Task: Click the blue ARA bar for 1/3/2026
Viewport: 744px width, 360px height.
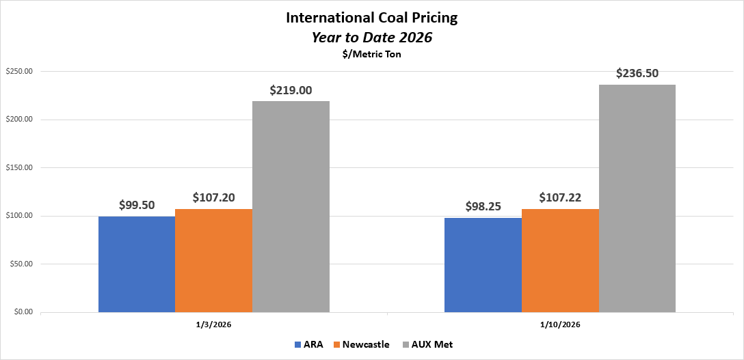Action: tap(137, 264)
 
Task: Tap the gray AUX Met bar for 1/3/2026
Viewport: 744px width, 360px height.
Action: tap(291, 207)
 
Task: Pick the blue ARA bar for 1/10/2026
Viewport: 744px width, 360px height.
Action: tap(483, 265)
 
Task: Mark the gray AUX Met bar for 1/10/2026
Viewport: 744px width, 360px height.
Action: tap(637, 199)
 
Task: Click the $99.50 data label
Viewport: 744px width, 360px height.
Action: tap(137, 204)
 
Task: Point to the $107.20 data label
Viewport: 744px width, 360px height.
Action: tap(213, 197)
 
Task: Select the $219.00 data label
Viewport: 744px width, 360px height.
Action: tap(291, 89)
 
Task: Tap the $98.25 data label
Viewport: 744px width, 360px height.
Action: tap(483, 206)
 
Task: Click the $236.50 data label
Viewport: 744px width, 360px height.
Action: tap(637, 73)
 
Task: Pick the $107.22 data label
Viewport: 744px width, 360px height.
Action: tap(560, 197)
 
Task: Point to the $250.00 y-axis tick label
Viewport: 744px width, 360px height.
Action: tap(19, 72)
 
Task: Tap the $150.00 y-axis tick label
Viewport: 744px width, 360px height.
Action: tap(19, 168)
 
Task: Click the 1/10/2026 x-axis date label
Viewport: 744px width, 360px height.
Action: tap(560, 324)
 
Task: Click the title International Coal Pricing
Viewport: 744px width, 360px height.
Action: tap(371, 18)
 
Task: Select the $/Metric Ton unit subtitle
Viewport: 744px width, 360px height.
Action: tap(371, 55)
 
